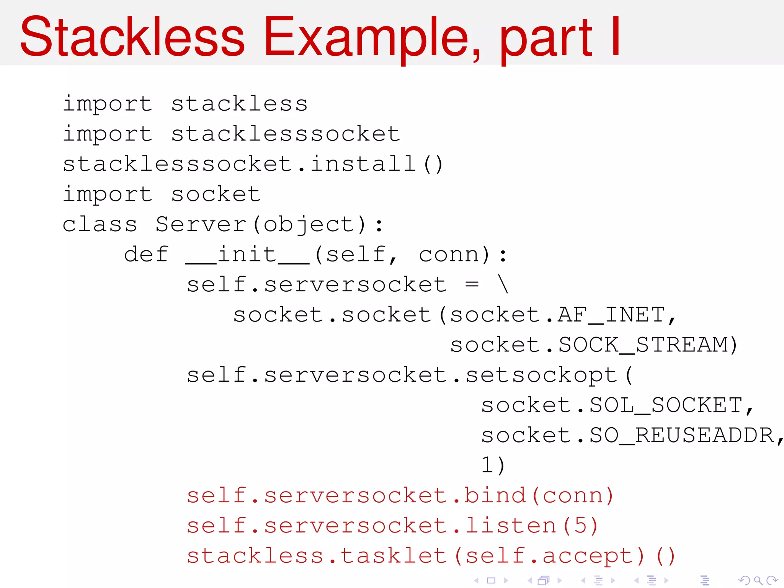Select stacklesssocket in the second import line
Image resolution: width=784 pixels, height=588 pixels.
click(x=285, y=134)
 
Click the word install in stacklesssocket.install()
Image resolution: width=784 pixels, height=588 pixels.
click(x=363, y=164)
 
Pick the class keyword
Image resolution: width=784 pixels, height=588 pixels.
click(x=100, y=224)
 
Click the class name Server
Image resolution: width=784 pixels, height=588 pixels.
click(x=201, y=224)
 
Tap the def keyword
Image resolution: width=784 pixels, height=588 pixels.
click(x=146, y=254)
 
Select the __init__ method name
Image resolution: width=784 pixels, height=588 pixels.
click(x=247, y=254)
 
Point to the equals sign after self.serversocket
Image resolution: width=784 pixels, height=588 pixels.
click(x=472, y=284)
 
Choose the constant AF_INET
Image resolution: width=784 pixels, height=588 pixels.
click(x=611, y=315)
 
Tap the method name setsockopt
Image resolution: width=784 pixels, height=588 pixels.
click(x=541, y=375)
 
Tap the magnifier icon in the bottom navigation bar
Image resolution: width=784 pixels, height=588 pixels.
click(x=758, y=581)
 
